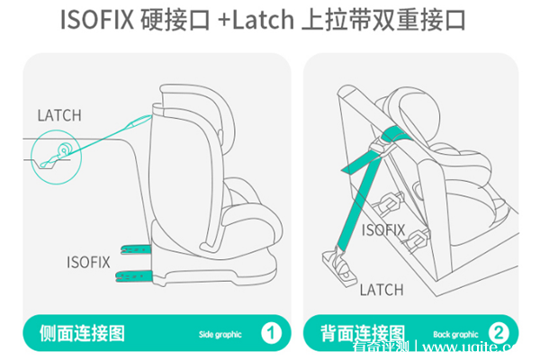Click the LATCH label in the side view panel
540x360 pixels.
click(59, 115)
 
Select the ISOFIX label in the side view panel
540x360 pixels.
click(88, 262)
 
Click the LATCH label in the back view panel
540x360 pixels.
click(382, 290)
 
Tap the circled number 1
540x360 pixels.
click(271, 333)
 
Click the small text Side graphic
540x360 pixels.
click(220, 334)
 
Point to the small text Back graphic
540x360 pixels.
click(455, 334)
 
